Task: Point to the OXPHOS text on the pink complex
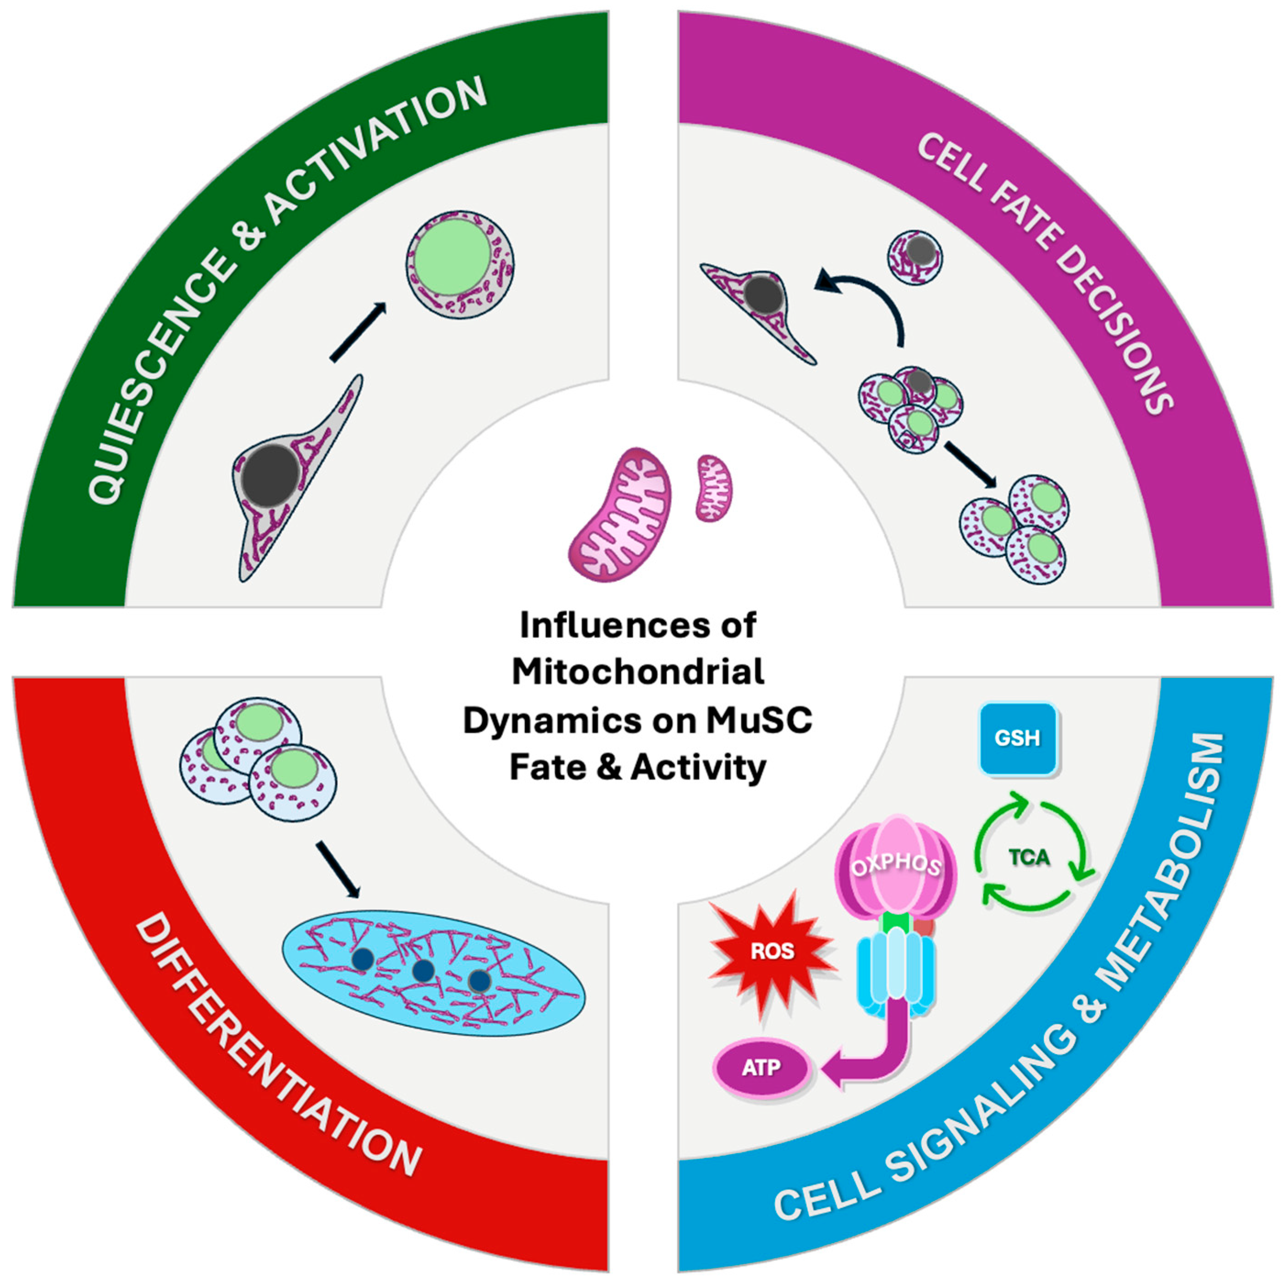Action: coord(896,865)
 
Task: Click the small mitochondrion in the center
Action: coord(714,488)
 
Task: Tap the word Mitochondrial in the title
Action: coord(638,671)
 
